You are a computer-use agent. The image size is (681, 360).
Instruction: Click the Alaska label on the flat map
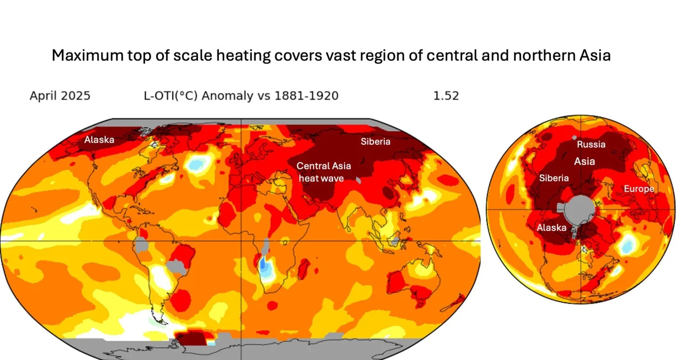(x=99, y=140)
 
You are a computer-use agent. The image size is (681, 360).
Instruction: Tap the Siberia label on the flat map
(x=376, y=142)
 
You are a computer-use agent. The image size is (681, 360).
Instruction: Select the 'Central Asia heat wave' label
(x=323, y=171)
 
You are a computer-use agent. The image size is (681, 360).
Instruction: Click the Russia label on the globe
(x=591, y=144)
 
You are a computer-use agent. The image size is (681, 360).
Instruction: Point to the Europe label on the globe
(x=639, y=189)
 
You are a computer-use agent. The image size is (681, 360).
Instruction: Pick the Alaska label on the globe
(x=551, y=228)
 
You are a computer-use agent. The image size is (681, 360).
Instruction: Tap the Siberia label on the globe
(x=554, y=178)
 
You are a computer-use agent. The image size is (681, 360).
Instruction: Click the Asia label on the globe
(x=585, y=162)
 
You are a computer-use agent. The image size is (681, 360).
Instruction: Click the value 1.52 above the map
(x=446, y=96)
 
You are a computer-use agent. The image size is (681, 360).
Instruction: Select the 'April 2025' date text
(x=60, y=96)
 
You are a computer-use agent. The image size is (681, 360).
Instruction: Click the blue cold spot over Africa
(x=266, y=268)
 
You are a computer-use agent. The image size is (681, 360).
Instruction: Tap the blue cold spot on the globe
(x=626, y=245)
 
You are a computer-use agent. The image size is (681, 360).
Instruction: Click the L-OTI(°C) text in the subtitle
(x=170, y=96)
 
